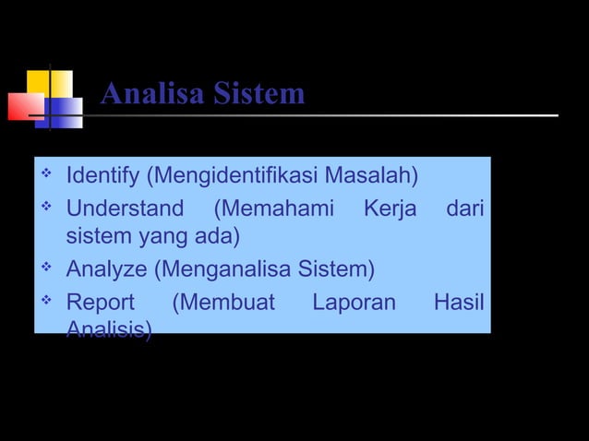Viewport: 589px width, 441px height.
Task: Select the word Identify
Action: click(102, 175)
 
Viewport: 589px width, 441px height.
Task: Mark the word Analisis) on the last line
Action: click(110, 330)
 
